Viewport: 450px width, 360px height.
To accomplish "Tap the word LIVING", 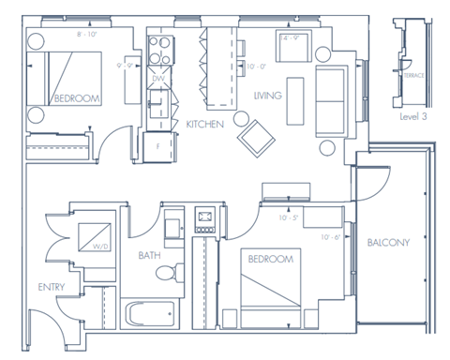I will [270, 96].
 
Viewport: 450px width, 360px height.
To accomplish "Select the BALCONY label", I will [388, 244].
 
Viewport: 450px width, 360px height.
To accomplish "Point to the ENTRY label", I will [51, 286].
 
